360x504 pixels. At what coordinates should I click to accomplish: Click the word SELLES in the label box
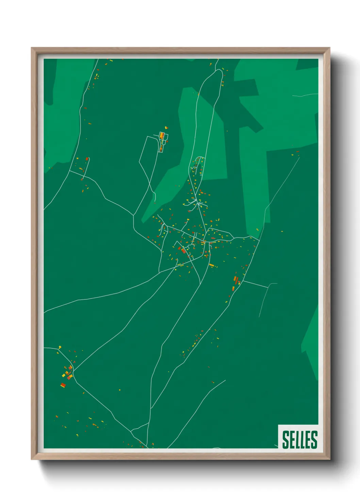coord(299,439)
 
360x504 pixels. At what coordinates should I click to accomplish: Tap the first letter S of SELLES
coord(285,439)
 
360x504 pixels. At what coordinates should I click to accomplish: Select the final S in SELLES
coord(314,439)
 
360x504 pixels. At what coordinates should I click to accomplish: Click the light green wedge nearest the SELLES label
coord(311,344)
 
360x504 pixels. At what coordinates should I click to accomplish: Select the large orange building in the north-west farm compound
coord(162,135)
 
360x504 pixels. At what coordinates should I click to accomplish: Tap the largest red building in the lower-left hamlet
coord(63,385)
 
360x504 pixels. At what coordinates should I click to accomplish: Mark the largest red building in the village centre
coord(184,251)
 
